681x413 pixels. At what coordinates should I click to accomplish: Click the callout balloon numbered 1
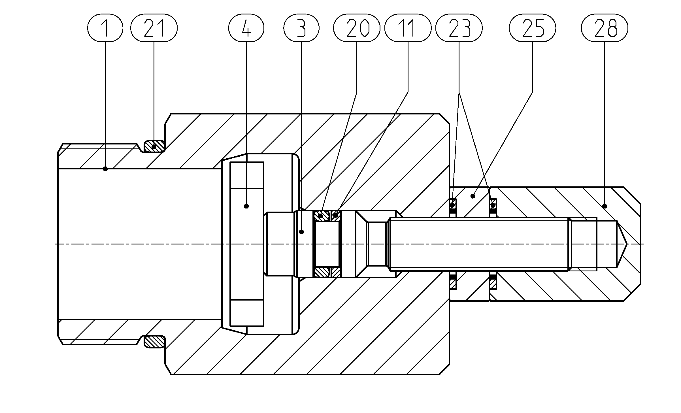[x=105, y=28]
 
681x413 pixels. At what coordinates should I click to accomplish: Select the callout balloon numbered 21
[x=154, y=28]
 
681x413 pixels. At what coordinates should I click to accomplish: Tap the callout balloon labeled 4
[x=246, y=28]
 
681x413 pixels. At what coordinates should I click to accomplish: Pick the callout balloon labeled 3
[x=301, y=28]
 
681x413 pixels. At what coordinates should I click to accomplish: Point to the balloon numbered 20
[x=357, y=28]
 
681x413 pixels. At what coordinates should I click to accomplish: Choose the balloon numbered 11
[x=408, y=28]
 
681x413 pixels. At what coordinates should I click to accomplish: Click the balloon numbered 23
[x=459, y=28]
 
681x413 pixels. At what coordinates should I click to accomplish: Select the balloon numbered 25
[x=532, y=28]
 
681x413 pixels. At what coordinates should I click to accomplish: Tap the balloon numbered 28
[x=605, y=28]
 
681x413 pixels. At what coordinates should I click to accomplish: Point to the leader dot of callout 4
[x=246, y=206]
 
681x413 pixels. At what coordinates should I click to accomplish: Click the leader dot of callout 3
[x=302, y=232]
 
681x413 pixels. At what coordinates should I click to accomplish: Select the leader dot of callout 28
[x=605, y=206]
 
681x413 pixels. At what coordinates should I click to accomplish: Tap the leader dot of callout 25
[x=473, y=196]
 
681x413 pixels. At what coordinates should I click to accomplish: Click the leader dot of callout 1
[x=105, y=169]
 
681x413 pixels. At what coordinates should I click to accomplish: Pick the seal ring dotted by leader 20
[x=322, y=216]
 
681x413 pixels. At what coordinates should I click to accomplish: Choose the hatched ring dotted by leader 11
[x=336, y=216]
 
